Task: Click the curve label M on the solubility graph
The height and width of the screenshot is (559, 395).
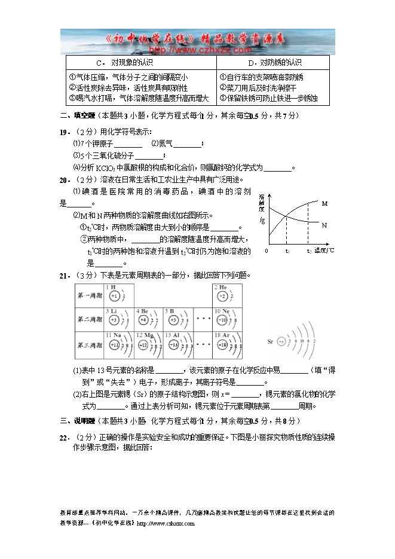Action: (324, 204)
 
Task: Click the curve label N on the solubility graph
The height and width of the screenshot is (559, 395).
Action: (324, 225)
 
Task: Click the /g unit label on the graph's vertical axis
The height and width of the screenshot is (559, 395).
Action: (262, 220)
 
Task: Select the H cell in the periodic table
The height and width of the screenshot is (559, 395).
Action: (118, 294)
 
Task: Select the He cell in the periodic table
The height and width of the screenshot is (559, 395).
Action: (228, 294)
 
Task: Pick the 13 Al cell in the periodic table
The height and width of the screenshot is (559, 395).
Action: (179, 344)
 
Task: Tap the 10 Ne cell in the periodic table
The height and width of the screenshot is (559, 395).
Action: (228, 319)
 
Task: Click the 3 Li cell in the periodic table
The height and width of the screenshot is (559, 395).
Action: (118, 319)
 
